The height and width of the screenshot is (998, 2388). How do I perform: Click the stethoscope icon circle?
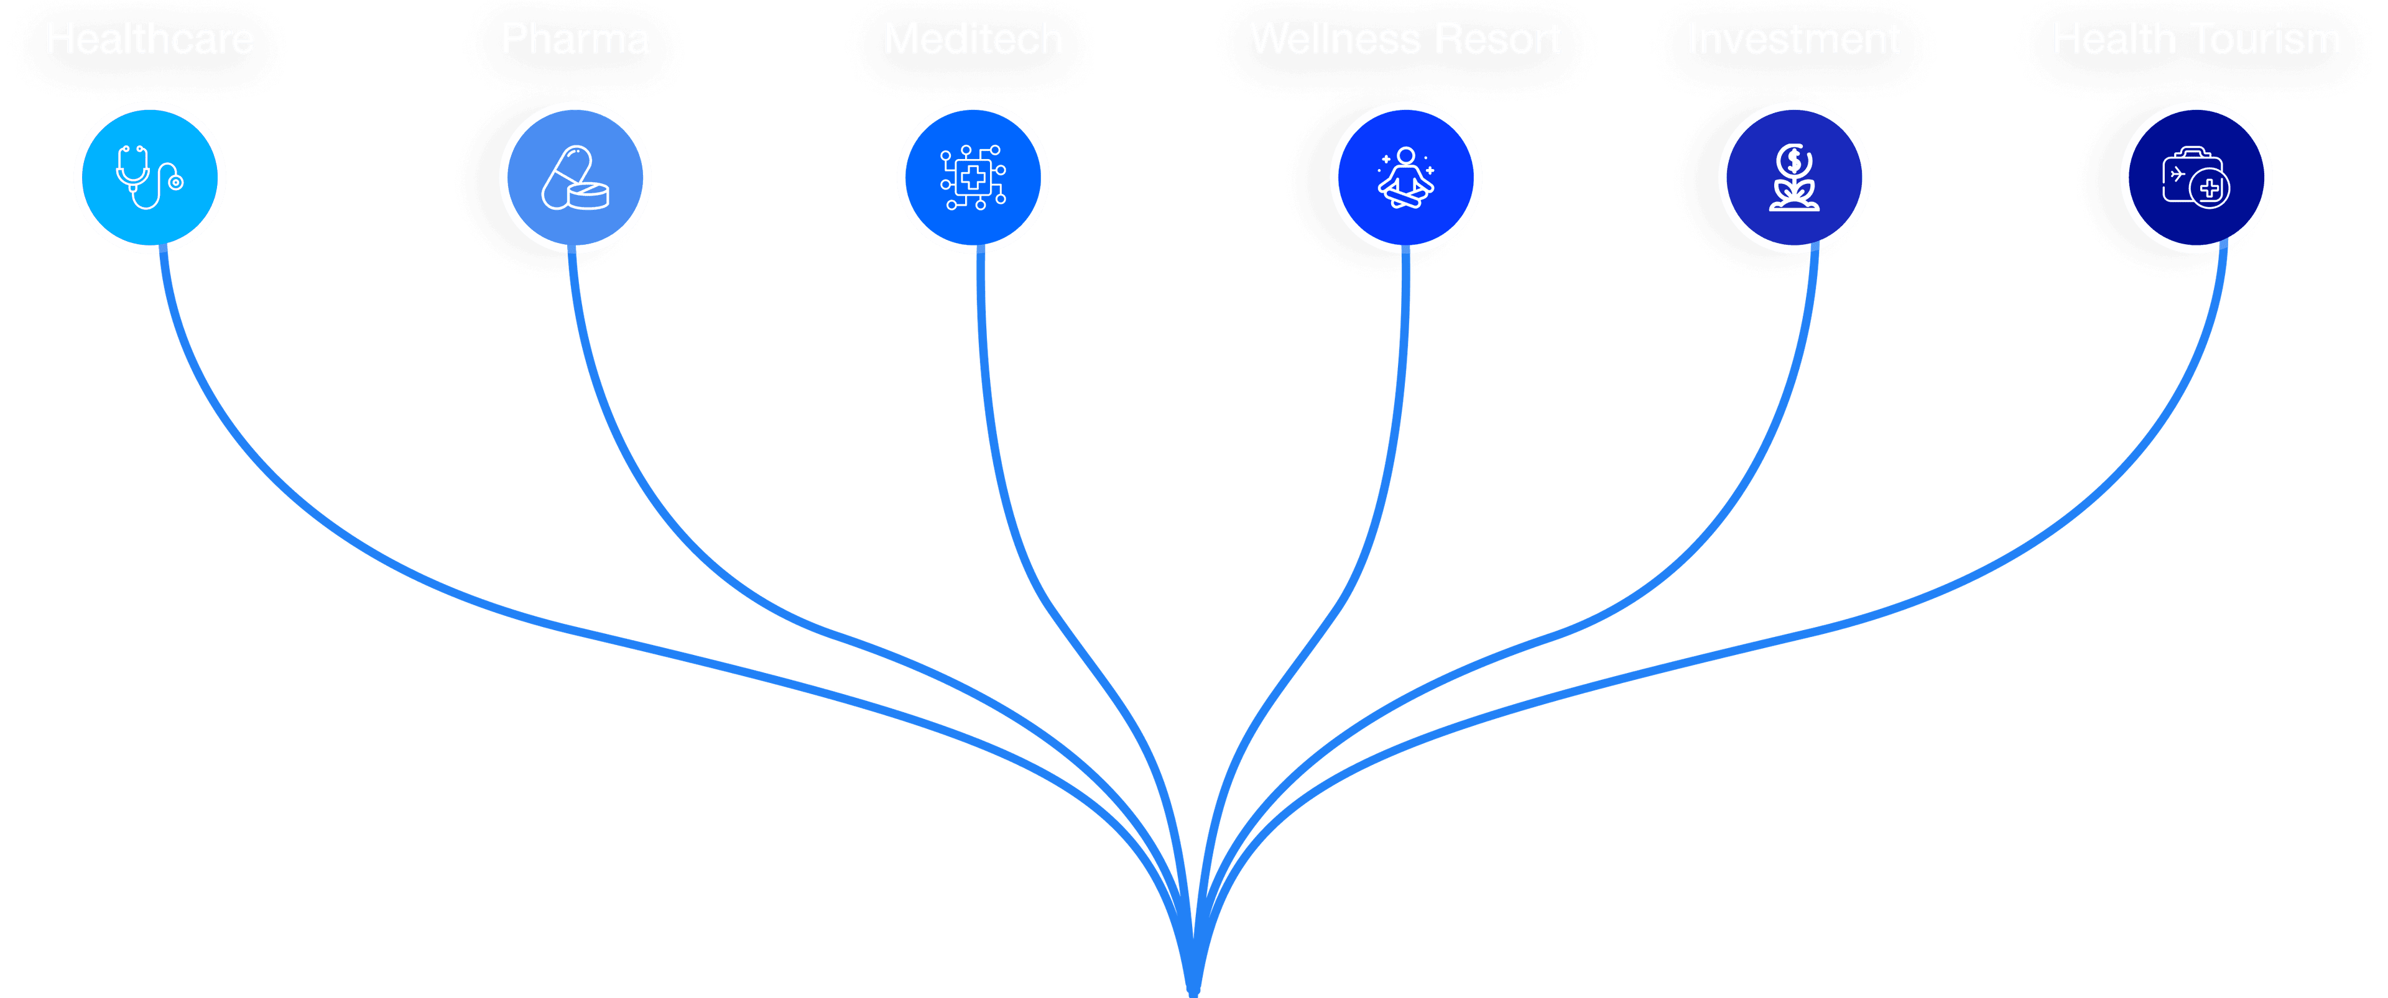click(x=149, y=177)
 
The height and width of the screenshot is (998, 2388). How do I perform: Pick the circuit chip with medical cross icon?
click(x=973, y=177)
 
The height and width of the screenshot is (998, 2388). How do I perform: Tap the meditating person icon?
click(x=1405, y=177)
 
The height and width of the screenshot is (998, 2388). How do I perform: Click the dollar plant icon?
click(x=1793, y=177)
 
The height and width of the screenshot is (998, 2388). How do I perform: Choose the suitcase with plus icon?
click(x=2195, y=177)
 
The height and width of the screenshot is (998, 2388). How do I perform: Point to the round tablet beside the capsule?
click(x=588, y=196)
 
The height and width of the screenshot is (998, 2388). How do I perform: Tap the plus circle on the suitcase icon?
click(x=2210, y=189)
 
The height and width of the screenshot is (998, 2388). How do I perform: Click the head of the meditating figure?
click(x=1406, y=155)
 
